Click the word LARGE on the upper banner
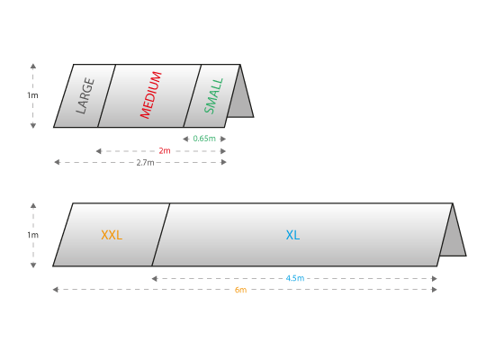click(x=85, y=95)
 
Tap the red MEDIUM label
click(x=151, y=95)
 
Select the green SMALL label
click(x=214, y=95)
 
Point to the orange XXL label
click(x=112, y=235)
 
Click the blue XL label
click(x=292, y=235)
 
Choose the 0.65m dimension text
click(x=204, y=139)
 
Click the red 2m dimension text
click(x=165, y=151)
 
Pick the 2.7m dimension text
click(x=145, y=163)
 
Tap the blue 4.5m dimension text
click(x=295, y=278)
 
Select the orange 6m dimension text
click(x=240, y=290)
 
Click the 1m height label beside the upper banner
click(x=32, y=95)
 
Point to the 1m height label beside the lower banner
click(x=32, y=235)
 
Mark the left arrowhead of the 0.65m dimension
click(x=185, y=139)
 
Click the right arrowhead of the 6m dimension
click(x=434, y=290)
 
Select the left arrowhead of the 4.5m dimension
click(x=155, y=278)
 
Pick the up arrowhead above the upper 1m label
click(x=33, y=66)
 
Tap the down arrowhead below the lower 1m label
click(x=33, y=265)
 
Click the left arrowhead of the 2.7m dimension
click(x=57, y=162)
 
